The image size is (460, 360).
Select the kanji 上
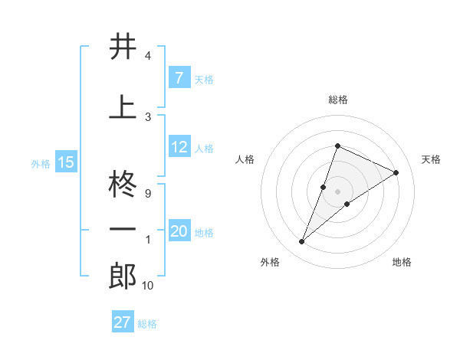(123, 108)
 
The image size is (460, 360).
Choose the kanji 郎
(123, 276)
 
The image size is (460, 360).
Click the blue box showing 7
(179, 77)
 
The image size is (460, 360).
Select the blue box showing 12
(179, 147)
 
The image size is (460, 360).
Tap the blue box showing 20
(179, 231)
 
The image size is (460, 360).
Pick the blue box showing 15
(66, 162)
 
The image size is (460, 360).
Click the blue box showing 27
(122, 322)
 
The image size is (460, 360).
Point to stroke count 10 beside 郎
(147, 286)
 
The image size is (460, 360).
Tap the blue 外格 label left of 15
(40, 162)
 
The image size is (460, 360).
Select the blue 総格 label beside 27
(148, 323)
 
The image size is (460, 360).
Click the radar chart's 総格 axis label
(337, 100)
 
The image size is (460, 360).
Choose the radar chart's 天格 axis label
(431, 159)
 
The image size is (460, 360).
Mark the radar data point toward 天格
(396, 172)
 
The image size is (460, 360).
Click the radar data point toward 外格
(301, 242)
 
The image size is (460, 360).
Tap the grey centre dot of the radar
(337, 191)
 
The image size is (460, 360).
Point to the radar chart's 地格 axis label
(402, 262)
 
